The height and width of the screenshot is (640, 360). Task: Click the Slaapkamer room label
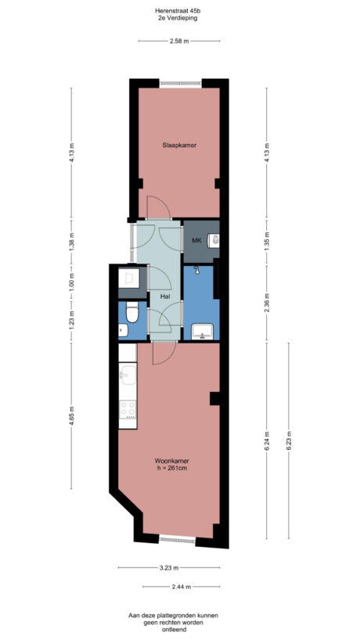[179, 146]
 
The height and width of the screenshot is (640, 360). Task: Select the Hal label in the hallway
[165, 297]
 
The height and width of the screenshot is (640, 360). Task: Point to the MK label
[196, 240]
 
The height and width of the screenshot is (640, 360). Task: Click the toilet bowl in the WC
[134, 313]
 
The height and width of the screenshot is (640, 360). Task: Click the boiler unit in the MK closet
[213, 242]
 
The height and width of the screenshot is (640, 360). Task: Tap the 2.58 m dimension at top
[179, 41]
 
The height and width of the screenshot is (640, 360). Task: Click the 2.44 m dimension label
[179, 586]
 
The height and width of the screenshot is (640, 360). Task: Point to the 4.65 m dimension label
[71, 412]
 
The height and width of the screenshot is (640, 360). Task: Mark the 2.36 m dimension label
[267, 301]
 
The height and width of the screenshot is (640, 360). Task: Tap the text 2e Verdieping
[179, 18]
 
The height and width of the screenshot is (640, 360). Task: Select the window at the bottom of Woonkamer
[178, 539]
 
